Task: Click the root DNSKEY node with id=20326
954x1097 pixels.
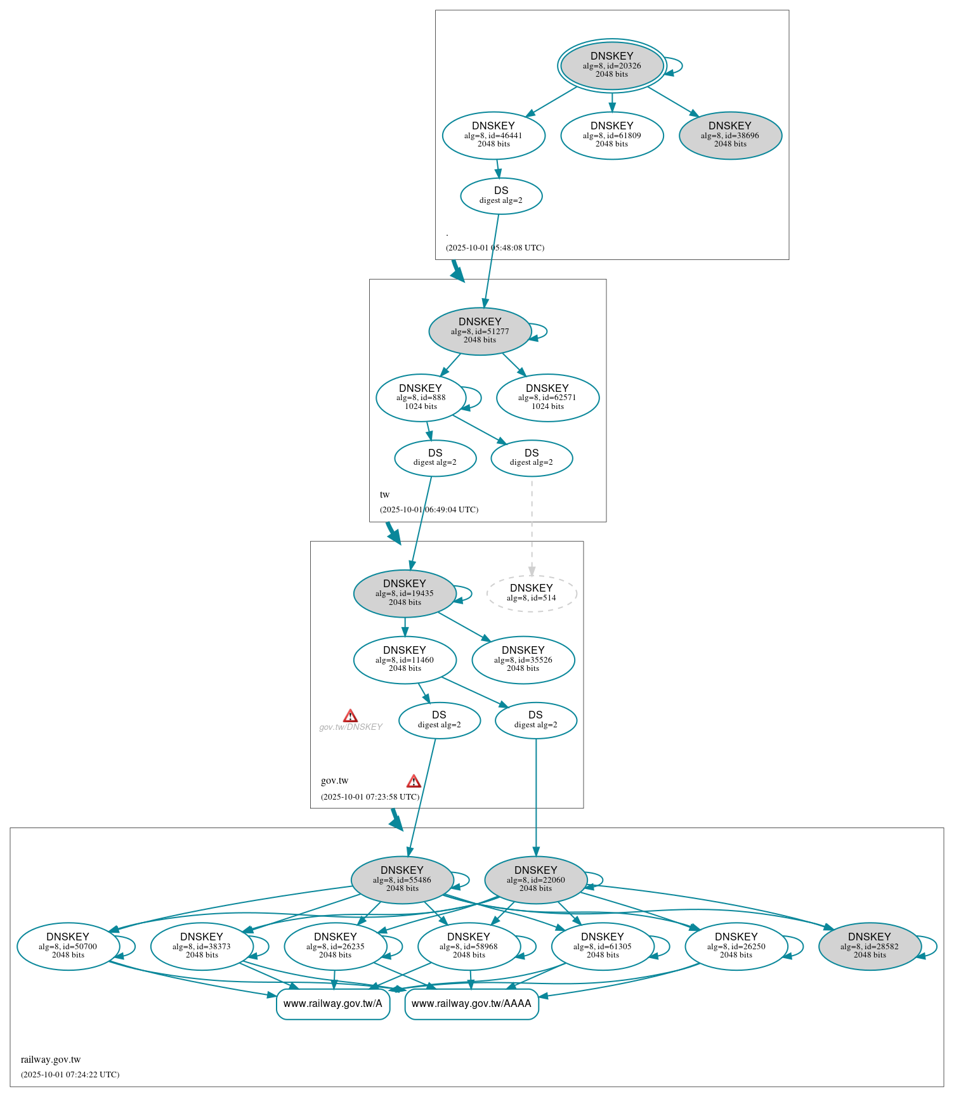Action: (x=611, y=65)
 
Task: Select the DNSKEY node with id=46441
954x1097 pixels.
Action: (x=493, y=135)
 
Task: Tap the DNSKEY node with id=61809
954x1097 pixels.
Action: (x=611, y=135)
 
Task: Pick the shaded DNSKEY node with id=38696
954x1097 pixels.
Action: (x=729, y=135)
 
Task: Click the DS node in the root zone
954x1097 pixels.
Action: (x=500, y=196)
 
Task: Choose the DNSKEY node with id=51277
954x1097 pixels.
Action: (x=480, y=331)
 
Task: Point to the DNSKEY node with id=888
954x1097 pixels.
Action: (x=421, y=398)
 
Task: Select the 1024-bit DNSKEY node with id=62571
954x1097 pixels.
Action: (x=547, y=398)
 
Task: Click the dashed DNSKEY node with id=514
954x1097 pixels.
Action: (x=531, y=593)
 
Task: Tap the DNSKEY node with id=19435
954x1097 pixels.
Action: (x=404, y=594)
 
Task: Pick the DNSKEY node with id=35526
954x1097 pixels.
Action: (x=523, y=659)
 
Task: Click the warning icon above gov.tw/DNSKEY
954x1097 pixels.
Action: (x=350, y=716)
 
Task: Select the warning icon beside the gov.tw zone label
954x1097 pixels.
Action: (x=414, y=781)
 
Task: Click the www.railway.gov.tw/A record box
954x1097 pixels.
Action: (x=332, y=1004)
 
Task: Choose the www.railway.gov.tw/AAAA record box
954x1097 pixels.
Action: (x=471, y=1004)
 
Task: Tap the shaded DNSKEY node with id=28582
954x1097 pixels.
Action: (x=869, y=946)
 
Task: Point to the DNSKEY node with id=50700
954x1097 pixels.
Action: (x=68, y=946)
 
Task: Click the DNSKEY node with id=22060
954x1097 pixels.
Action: (x=535, y=880)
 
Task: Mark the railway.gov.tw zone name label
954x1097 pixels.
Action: (x=51, y=1060)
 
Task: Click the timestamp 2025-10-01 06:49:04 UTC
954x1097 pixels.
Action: (x=429, y=510)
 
